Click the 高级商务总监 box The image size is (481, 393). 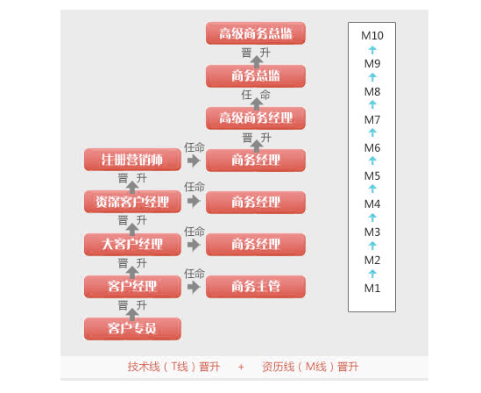(256, 33)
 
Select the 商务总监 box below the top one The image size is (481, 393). (256, 75)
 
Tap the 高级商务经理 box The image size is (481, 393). (256, 118)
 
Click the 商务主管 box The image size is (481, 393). (256, 287)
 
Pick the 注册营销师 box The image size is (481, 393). (132, 160)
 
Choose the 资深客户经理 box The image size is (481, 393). (132, 202)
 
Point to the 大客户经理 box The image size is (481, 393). (132, 245)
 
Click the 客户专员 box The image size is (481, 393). (132, 328)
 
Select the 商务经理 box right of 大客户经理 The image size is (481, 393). (256, 245)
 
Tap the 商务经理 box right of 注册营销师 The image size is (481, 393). (256, 160)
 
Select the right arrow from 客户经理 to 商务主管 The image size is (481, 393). (194, 287)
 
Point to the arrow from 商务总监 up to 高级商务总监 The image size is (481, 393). (257, 61)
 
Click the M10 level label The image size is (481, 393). (372, 36)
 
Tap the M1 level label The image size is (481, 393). (372, 288)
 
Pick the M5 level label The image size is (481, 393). (372, 176)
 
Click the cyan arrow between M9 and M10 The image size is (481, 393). (372, 50)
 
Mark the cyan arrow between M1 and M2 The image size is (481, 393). (372, 274)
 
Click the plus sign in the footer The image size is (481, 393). (241, 367)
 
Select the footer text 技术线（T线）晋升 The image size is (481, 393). (173, 367)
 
